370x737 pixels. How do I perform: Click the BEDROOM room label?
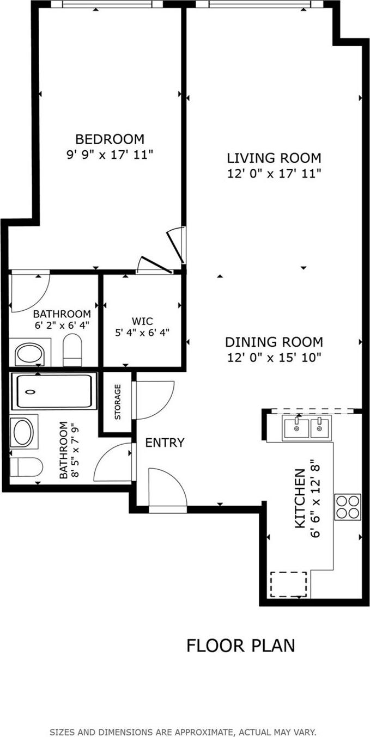[x=110, y=139]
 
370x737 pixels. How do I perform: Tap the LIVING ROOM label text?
[x=274, y=158]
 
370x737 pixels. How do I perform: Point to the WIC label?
[x=142, y=321]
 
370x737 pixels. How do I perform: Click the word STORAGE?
[x=117, y=402]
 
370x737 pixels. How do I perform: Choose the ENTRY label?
[x=165, y=443]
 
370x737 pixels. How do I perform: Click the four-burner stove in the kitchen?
[x=348, y=507]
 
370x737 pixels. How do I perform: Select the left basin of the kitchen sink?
[x=296, y=428]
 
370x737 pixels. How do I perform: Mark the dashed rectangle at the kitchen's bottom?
[x=289, y=584]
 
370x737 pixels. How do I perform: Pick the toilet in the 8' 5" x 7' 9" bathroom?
[x=26, y=466]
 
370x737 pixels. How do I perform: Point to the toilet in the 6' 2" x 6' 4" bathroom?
[x=72, y=350]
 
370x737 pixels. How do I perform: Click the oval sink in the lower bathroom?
[x=23, y=432]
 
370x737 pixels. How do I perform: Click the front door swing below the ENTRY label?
[x=168, y=487]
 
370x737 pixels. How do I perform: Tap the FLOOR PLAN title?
[x=240, y=646]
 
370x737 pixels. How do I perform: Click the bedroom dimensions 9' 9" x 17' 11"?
[x=110, y=155]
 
